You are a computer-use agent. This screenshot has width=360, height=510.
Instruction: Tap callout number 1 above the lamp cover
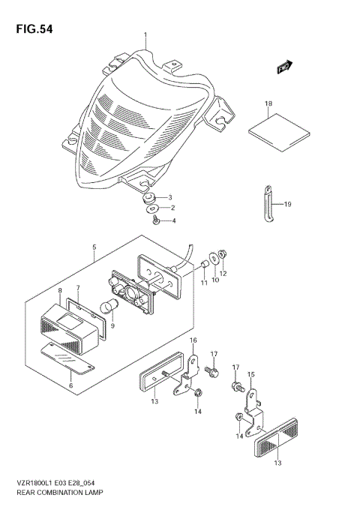pos(146,34)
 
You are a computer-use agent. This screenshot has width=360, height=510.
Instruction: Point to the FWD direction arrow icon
pos(284,67)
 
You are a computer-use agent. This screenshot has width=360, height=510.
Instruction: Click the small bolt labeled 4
pos(155,220)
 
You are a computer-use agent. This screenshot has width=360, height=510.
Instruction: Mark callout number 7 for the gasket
pos(77,288)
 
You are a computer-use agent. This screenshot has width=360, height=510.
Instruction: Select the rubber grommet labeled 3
pos(150,198)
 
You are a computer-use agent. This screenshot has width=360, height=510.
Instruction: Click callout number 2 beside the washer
pos(172,208)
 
